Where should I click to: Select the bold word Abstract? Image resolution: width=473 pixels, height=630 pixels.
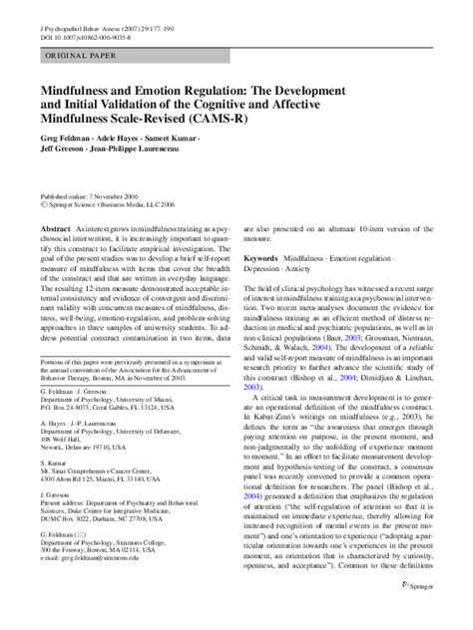[57, 227]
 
